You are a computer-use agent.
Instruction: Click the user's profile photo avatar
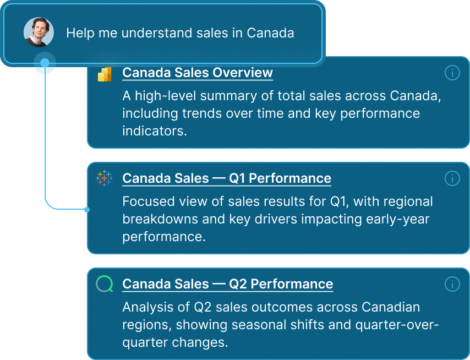click(x=39, y=32)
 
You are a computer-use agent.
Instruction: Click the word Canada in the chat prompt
click(x=270, y=33)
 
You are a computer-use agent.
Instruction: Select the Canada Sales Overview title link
click(x=197, y=73)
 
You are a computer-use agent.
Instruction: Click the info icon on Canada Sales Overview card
click(x=451, y=73)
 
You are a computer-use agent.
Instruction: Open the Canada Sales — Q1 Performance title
click(x=226, y=178)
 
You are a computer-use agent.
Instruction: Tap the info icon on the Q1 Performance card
click(x=451, y=178)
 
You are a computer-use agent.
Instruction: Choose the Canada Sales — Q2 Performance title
click(x=227, y=284)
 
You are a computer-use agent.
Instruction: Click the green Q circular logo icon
click(x=105, y=284)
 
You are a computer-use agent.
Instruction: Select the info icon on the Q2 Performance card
click(x=451, y=284)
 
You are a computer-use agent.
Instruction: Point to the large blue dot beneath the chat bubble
click(x=45, y=63)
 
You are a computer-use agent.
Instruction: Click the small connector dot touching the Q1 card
click(x=87, y=209)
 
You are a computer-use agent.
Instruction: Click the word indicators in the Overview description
click(x=154, y=132)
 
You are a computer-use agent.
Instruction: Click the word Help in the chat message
click(x=79, y=33)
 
